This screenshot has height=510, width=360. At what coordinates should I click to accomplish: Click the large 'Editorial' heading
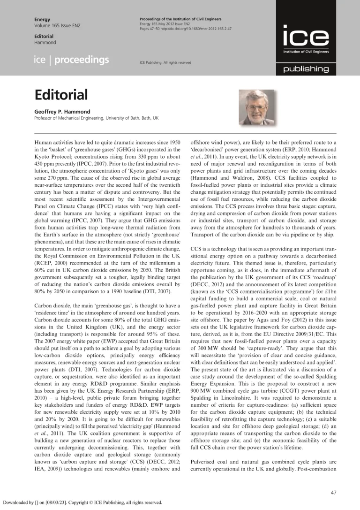(x=61, y=95)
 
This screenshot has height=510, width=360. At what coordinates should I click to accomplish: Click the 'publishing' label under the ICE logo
(x=305, y=69)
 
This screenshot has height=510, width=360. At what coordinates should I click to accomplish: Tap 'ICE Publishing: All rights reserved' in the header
(x=165, y=62)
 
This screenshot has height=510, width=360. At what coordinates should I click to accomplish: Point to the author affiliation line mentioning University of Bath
(x=96, y=118)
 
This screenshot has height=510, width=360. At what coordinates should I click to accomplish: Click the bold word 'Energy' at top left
(x=43, y=19)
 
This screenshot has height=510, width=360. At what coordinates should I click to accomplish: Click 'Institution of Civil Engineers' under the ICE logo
(x=305, y=52)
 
